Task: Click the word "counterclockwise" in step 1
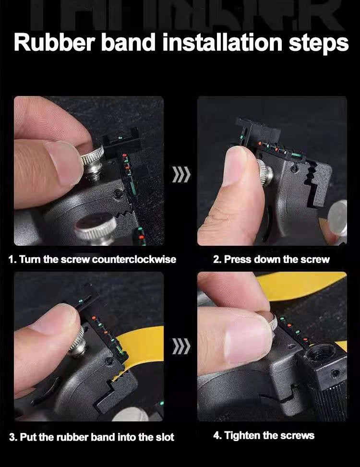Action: pos(134,259)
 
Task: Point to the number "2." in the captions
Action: pos(217,259)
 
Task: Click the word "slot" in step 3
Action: pos(165,437)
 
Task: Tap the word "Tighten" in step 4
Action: pos(242,435)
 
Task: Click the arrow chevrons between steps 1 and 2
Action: pos(181,174)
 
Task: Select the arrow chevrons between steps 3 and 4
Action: pos(181,346)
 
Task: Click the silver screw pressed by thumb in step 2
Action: pos(265,173)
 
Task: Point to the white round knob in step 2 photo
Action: pos(337,218)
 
